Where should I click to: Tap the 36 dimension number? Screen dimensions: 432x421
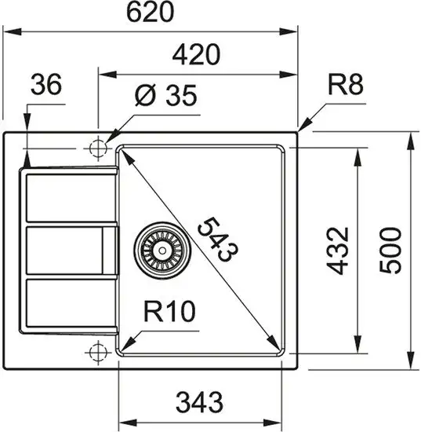(x=47, y=86)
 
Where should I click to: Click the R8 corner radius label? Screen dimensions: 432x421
(x=345, y=86)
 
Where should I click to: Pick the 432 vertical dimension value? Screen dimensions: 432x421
(x=336, y=250)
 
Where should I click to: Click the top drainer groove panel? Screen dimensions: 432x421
(x=71, y=197)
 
